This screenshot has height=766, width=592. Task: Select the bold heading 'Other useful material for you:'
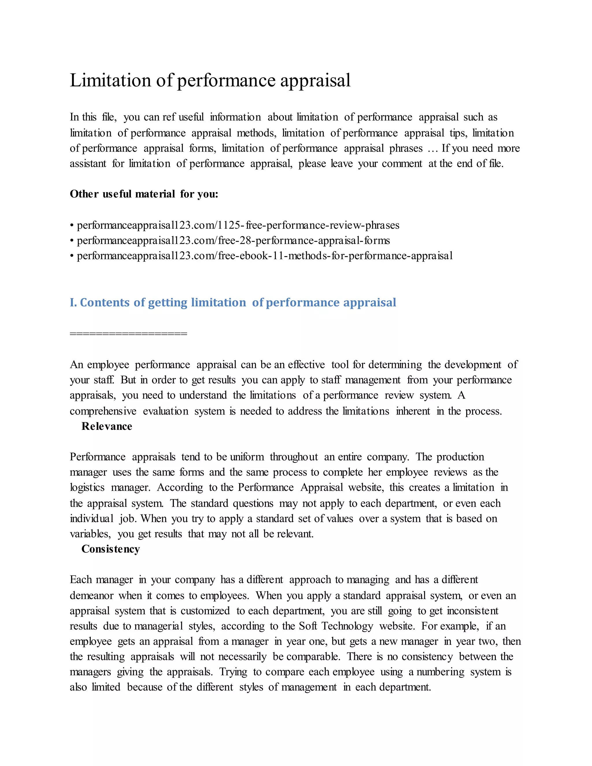point(144,194)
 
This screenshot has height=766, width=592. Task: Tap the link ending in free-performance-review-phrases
point(238,225)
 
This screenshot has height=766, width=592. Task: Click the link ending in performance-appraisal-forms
point(233,240)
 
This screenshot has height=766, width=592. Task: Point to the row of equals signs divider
point(128,334)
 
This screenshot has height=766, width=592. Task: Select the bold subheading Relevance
point(107,426)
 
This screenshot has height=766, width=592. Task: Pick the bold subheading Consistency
point(110,549)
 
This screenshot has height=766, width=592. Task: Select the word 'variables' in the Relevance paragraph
point(90,534)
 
